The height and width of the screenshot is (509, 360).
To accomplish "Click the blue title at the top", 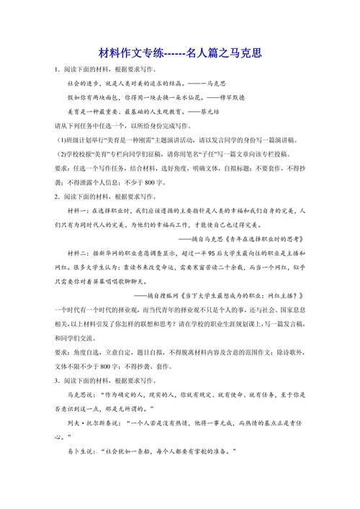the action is (x=180, y=53).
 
